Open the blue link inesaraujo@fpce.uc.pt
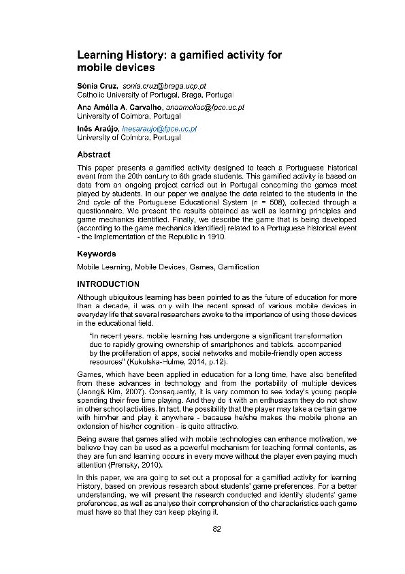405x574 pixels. coord(159,128)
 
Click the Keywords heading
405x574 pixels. coord(96,254)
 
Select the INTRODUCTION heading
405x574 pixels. coord(108,284)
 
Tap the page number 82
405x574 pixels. coord(217,529)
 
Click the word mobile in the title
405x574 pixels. coord(93,67)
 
